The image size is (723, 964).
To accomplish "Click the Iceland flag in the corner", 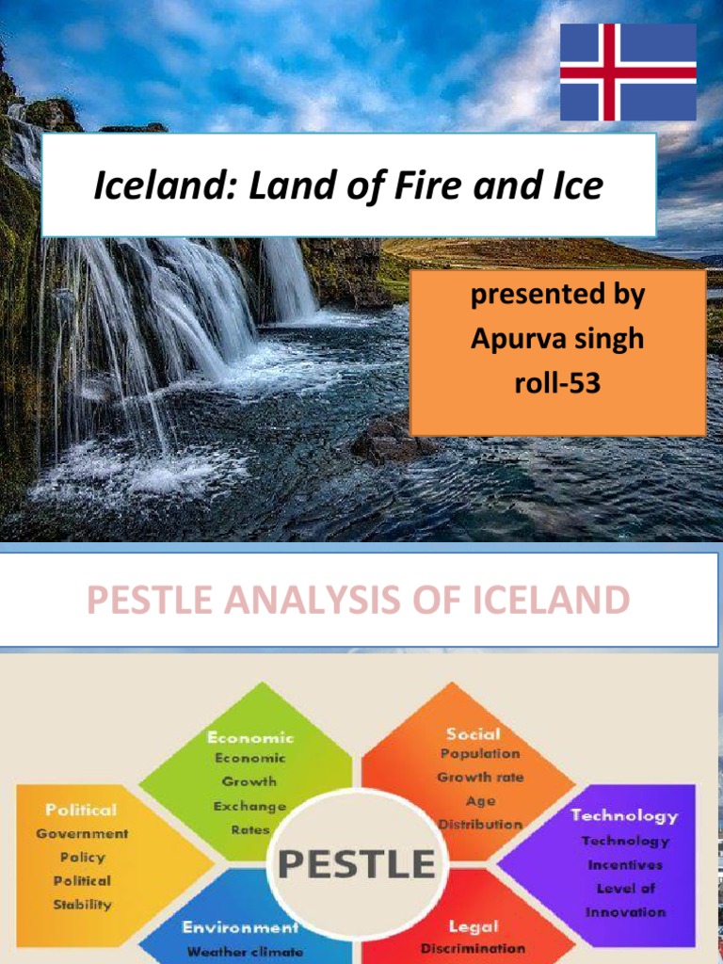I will tap(628, 72).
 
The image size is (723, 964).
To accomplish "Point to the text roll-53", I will tap(557, 383).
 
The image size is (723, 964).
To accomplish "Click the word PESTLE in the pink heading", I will tap(153, 600).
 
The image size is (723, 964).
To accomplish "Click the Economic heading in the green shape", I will tap(250, 738).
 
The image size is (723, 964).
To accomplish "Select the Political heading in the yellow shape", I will tap(82, 810).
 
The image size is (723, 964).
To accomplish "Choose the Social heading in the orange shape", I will tap(474, 733).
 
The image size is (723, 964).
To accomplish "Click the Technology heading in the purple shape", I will tap(624, 815).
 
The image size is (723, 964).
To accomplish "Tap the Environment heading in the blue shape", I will tap(240, 927).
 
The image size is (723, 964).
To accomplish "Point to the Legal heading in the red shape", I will tap(474, 927).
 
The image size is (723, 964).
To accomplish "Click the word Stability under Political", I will tap(82, 905).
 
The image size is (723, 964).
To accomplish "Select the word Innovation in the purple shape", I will tap(625, 912).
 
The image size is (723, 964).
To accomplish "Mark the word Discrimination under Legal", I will tap(474, 948).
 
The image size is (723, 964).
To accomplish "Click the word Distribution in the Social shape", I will tap(480, 825).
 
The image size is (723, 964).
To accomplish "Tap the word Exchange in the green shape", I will tap(249, 807).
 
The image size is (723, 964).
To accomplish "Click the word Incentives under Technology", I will tap(625, 864).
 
